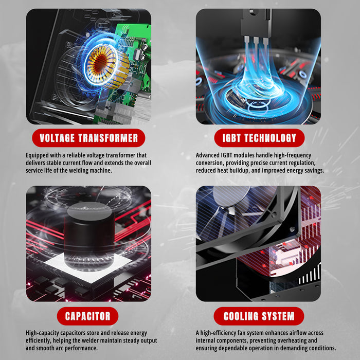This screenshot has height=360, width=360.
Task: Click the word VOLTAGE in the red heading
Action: (57, 138)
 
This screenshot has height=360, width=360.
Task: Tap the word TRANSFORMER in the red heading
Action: (108, 138)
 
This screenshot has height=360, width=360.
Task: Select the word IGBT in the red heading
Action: (231, 138)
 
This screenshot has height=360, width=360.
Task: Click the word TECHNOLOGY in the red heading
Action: (270, 138)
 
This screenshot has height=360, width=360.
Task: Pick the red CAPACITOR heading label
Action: (88, 316)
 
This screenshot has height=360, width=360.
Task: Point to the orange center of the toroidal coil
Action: (101, 63)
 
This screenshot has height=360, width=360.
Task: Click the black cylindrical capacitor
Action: (89, 237)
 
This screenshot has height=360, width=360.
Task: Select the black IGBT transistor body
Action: (256, 23)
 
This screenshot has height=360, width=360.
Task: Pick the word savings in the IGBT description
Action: (314, 171)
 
